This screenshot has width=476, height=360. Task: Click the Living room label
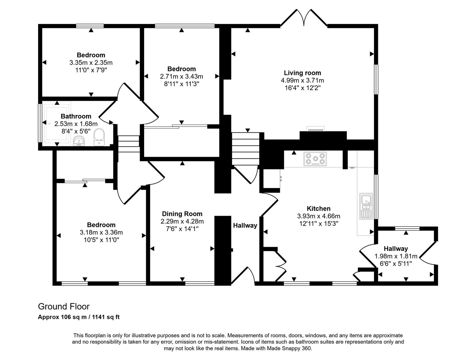point(302,73)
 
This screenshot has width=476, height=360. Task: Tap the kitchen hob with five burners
point(315,159)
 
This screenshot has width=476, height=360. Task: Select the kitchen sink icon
point(366,206)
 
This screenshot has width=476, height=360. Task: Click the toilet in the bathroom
point(99,137)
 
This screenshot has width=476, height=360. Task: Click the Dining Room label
point(182,214)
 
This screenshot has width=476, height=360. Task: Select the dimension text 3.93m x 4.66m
point(319,216)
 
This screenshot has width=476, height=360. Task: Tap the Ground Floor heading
point(64,306)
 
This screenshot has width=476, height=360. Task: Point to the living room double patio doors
point(304,18)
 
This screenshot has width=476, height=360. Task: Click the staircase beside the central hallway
point(246,148)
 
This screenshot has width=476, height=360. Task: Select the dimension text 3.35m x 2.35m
point(91,62)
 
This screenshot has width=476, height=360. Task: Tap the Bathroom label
point(76,116)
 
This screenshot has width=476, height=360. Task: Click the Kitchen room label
point(319,209)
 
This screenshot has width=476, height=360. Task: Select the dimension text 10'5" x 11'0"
point(101,240)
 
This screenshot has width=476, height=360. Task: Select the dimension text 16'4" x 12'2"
point(302,88)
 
